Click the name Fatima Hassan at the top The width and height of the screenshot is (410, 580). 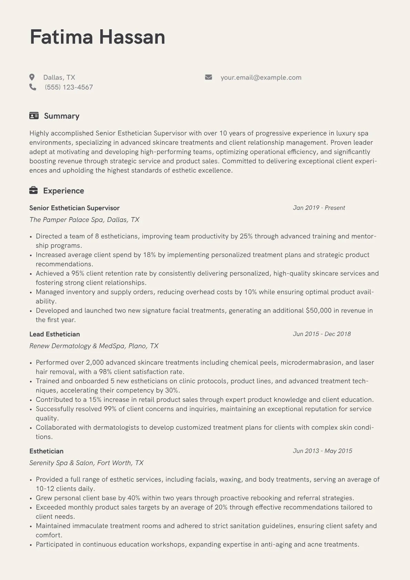(x=98, y=37)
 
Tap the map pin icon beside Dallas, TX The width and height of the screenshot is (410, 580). (x=32, y=77)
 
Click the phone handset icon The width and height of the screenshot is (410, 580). (x=33, y=87)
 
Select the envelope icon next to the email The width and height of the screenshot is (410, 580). (x=208, y=77)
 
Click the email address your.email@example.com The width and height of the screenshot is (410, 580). (x=261, y=78)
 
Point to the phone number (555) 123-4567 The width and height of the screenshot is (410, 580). (x=69, y=87)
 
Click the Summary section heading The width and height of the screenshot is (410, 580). (x=62, y=116)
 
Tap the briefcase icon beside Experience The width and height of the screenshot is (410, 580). (x=33, y=191)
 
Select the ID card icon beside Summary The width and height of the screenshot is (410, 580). (x=34, y=116)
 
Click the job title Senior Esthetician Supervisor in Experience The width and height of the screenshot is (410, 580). (x=74, y=208)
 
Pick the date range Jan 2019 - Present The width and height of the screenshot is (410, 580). (x=319, y=208)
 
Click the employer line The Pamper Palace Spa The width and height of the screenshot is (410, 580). (x=84, y=220)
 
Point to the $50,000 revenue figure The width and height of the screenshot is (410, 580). (x=318, y=311)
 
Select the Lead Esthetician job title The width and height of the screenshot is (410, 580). (x=54, y=334)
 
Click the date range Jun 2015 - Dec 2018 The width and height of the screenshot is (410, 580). (x=321, y=334)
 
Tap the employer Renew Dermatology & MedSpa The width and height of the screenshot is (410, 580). (x=94, y=346)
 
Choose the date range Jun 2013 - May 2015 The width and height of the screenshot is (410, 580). (x=322, y=451)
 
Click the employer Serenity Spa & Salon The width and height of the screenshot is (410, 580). (x=86, y=463)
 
